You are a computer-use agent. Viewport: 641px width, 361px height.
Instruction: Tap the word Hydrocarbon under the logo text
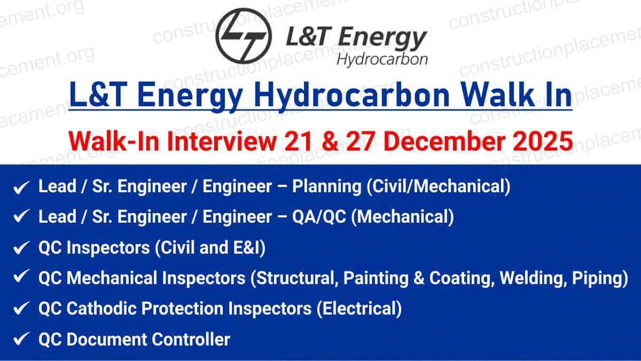382,58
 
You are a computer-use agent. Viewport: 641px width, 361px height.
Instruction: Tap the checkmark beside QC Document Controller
21,339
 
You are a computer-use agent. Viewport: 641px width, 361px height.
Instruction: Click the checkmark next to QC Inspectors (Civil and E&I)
21,247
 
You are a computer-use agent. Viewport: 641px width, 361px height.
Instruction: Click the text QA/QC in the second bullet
320,217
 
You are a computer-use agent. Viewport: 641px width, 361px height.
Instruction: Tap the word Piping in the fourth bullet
600,278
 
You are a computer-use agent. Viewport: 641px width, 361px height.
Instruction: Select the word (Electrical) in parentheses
359,308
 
